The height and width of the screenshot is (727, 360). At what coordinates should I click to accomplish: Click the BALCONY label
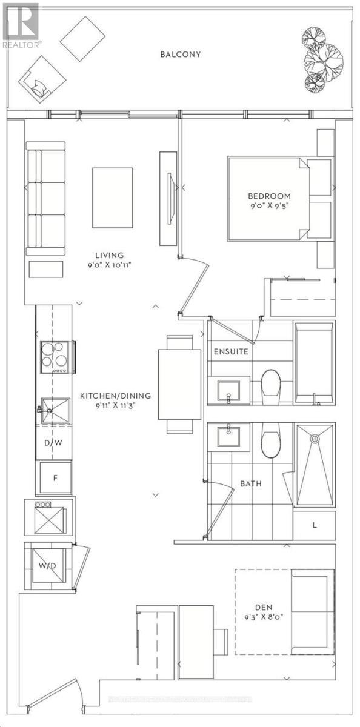[180, 55]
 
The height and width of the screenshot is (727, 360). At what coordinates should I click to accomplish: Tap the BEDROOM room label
[269, 196]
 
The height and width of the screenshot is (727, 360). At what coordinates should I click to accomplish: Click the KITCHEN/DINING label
[115, 396]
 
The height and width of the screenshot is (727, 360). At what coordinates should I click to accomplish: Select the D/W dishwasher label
[55, 443]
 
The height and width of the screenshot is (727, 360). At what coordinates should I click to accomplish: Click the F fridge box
[55, 478]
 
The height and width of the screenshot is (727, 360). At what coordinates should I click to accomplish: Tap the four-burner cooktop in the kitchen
[54, 357]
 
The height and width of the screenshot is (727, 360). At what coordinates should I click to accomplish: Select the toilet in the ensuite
[271, 387]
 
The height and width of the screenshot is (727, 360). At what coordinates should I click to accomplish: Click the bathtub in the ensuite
[314, 363]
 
